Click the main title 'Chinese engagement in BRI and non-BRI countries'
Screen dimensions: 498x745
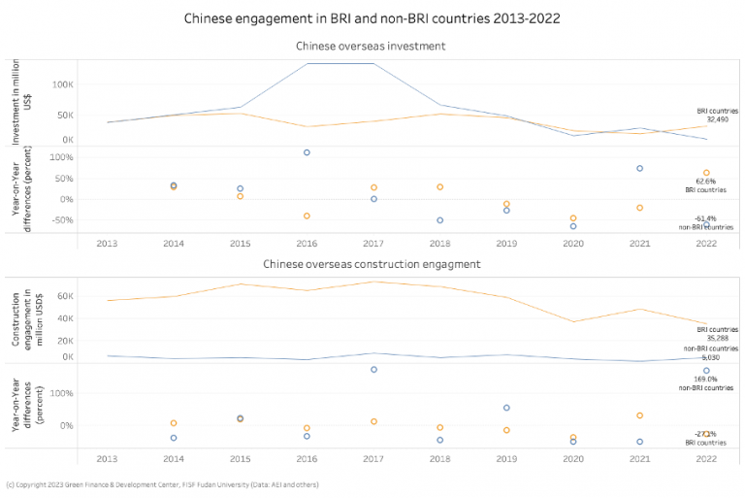click(372, 17)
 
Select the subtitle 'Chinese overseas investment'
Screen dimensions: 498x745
click(372, 46)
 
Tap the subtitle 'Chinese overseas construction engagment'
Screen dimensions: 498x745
click(372, 264)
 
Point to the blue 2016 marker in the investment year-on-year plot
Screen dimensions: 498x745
click(307, 152)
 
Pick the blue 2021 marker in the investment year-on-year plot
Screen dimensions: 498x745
click(639, 169)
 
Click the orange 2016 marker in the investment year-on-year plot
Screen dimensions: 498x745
click(307, 216)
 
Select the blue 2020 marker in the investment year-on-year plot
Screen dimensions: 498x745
click(573, 226)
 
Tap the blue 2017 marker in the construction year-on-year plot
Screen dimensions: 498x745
click(373, 370)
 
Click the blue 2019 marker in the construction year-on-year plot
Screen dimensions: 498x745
click(506, 408)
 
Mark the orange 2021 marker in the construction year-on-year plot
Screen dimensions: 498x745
click(639, 415)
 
